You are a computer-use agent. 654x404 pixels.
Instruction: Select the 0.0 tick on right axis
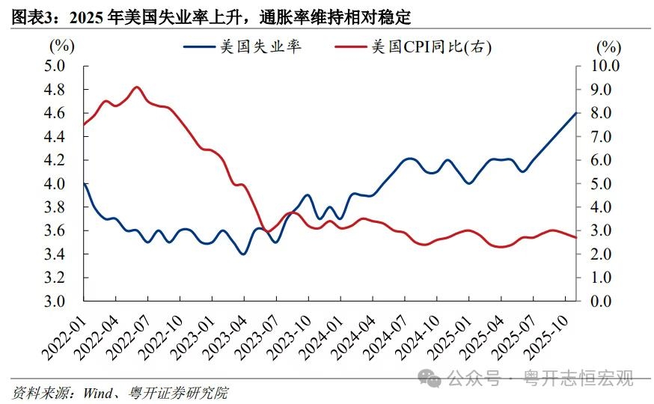(599, 302)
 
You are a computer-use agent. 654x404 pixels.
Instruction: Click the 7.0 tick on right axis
(599, 136)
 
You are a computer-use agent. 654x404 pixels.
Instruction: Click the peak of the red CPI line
(136, 88)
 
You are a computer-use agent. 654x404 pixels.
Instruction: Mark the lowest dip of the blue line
(242, 254)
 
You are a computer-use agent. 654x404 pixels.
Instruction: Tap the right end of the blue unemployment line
(575, 113)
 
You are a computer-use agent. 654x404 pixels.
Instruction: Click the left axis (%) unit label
(61, 46)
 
